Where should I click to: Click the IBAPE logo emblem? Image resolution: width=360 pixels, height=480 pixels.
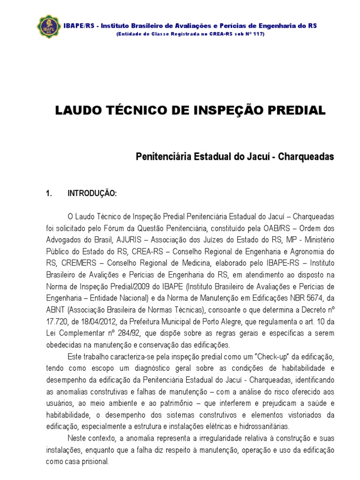click(x=48, y=29)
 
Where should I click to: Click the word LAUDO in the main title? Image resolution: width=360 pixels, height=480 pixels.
click(x=75, y=111)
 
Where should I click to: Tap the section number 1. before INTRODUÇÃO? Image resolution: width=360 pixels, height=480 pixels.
click(x=47, y=193)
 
